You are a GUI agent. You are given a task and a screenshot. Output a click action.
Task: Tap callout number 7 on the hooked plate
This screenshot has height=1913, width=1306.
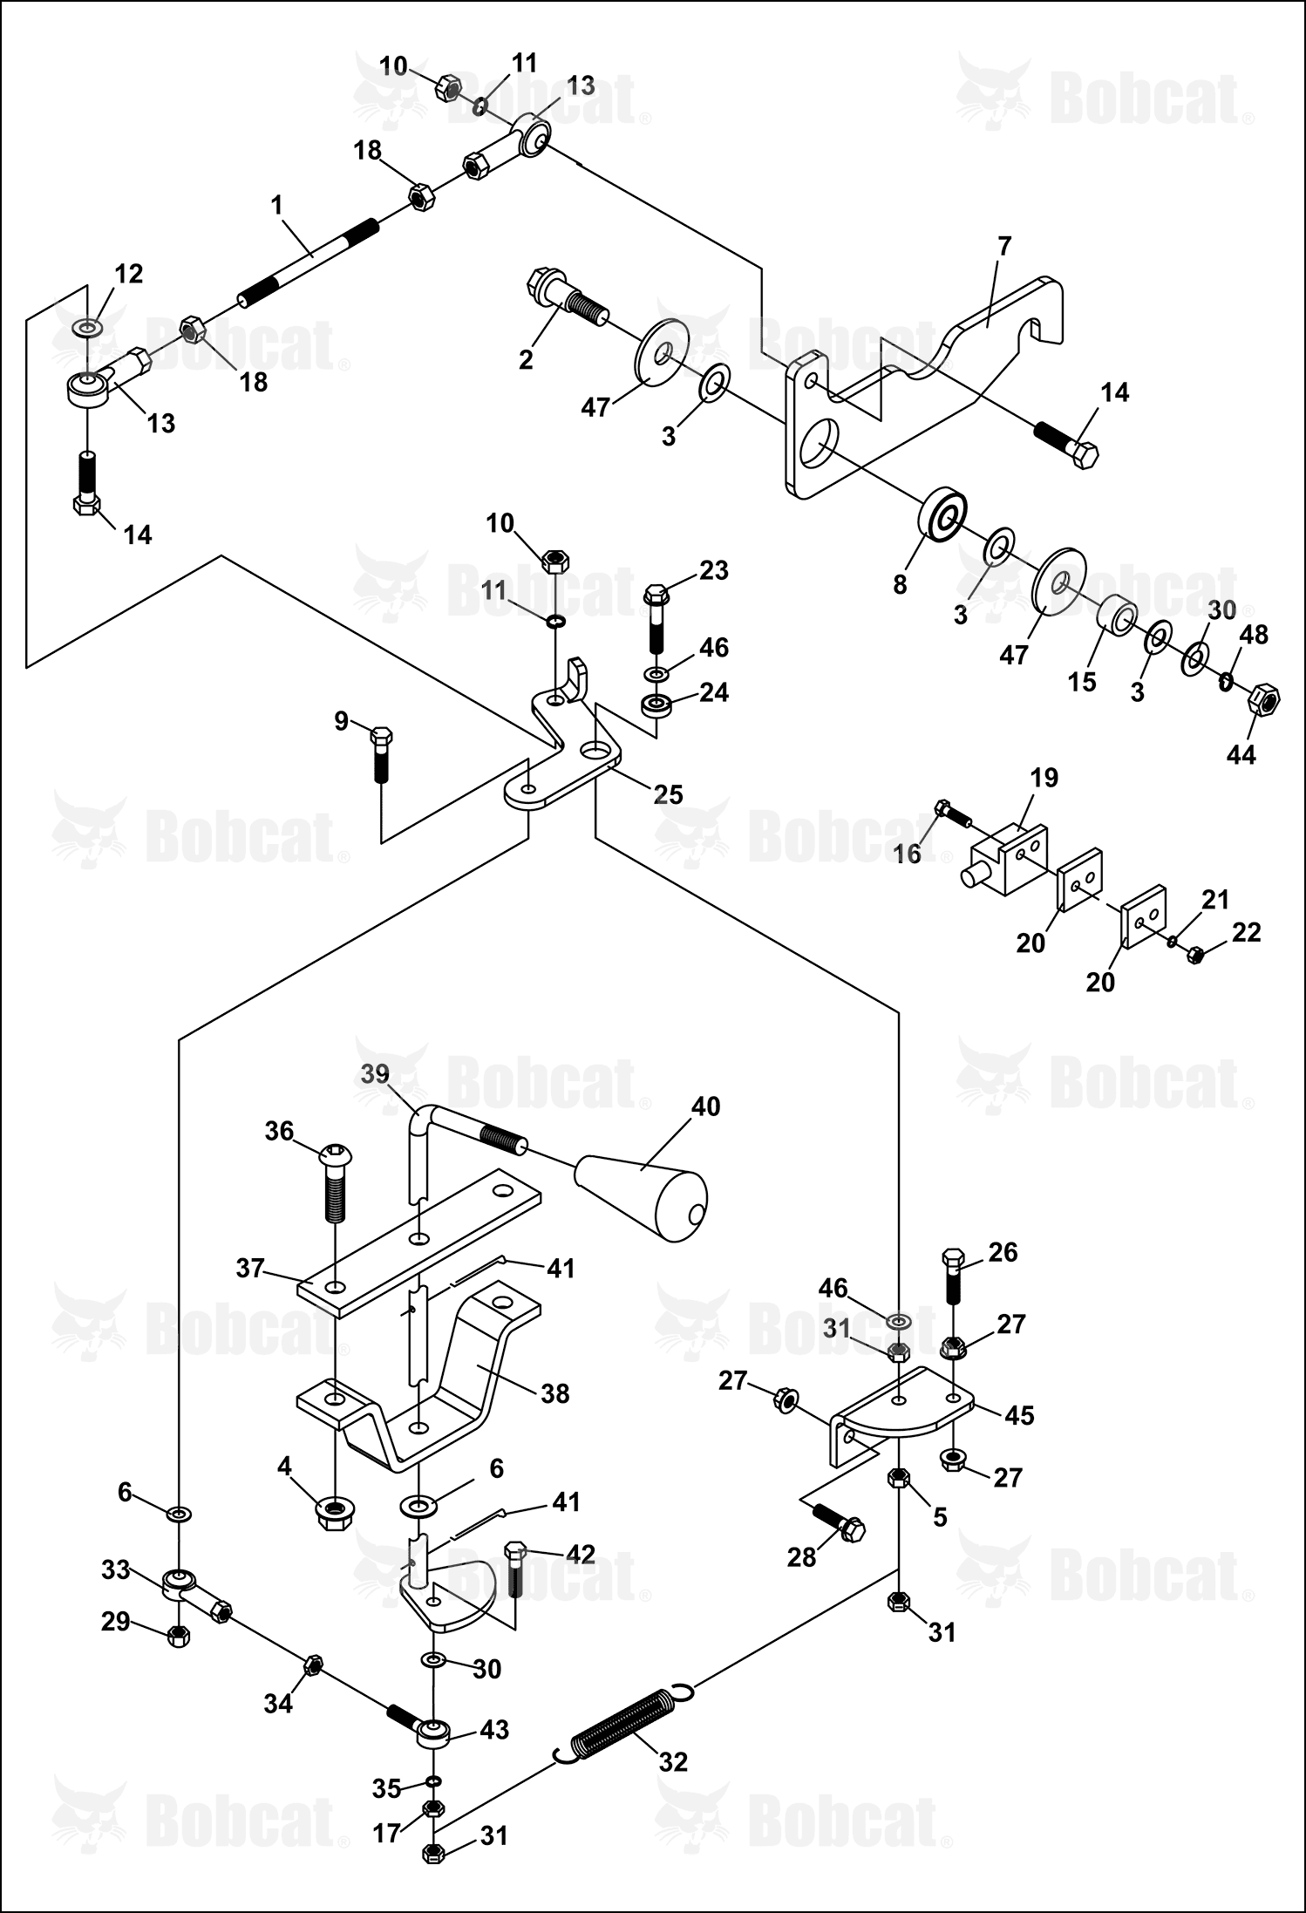[x=1004, y=246]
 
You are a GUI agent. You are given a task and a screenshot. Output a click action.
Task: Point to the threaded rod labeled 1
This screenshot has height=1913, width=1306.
[x=309, y=262]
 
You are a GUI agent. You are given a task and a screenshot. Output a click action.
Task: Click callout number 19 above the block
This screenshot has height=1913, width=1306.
[x=1044, y=777]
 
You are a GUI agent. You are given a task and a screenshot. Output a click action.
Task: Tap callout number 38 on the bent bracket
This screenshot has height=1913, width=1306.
[x=554, y=1392]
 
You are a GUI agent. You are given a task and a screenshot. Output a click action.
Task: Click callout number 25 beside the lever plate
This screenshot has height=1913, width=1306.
[x=669, y=793]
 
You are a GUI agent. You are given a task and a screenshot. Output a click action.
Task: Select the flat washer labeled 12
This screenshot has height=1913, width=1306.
[x=87, y=328]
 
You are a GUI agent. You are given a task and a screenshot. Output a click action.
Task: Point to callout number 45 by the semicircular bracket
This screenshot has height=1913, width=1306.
[x=1019, y=1414]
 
